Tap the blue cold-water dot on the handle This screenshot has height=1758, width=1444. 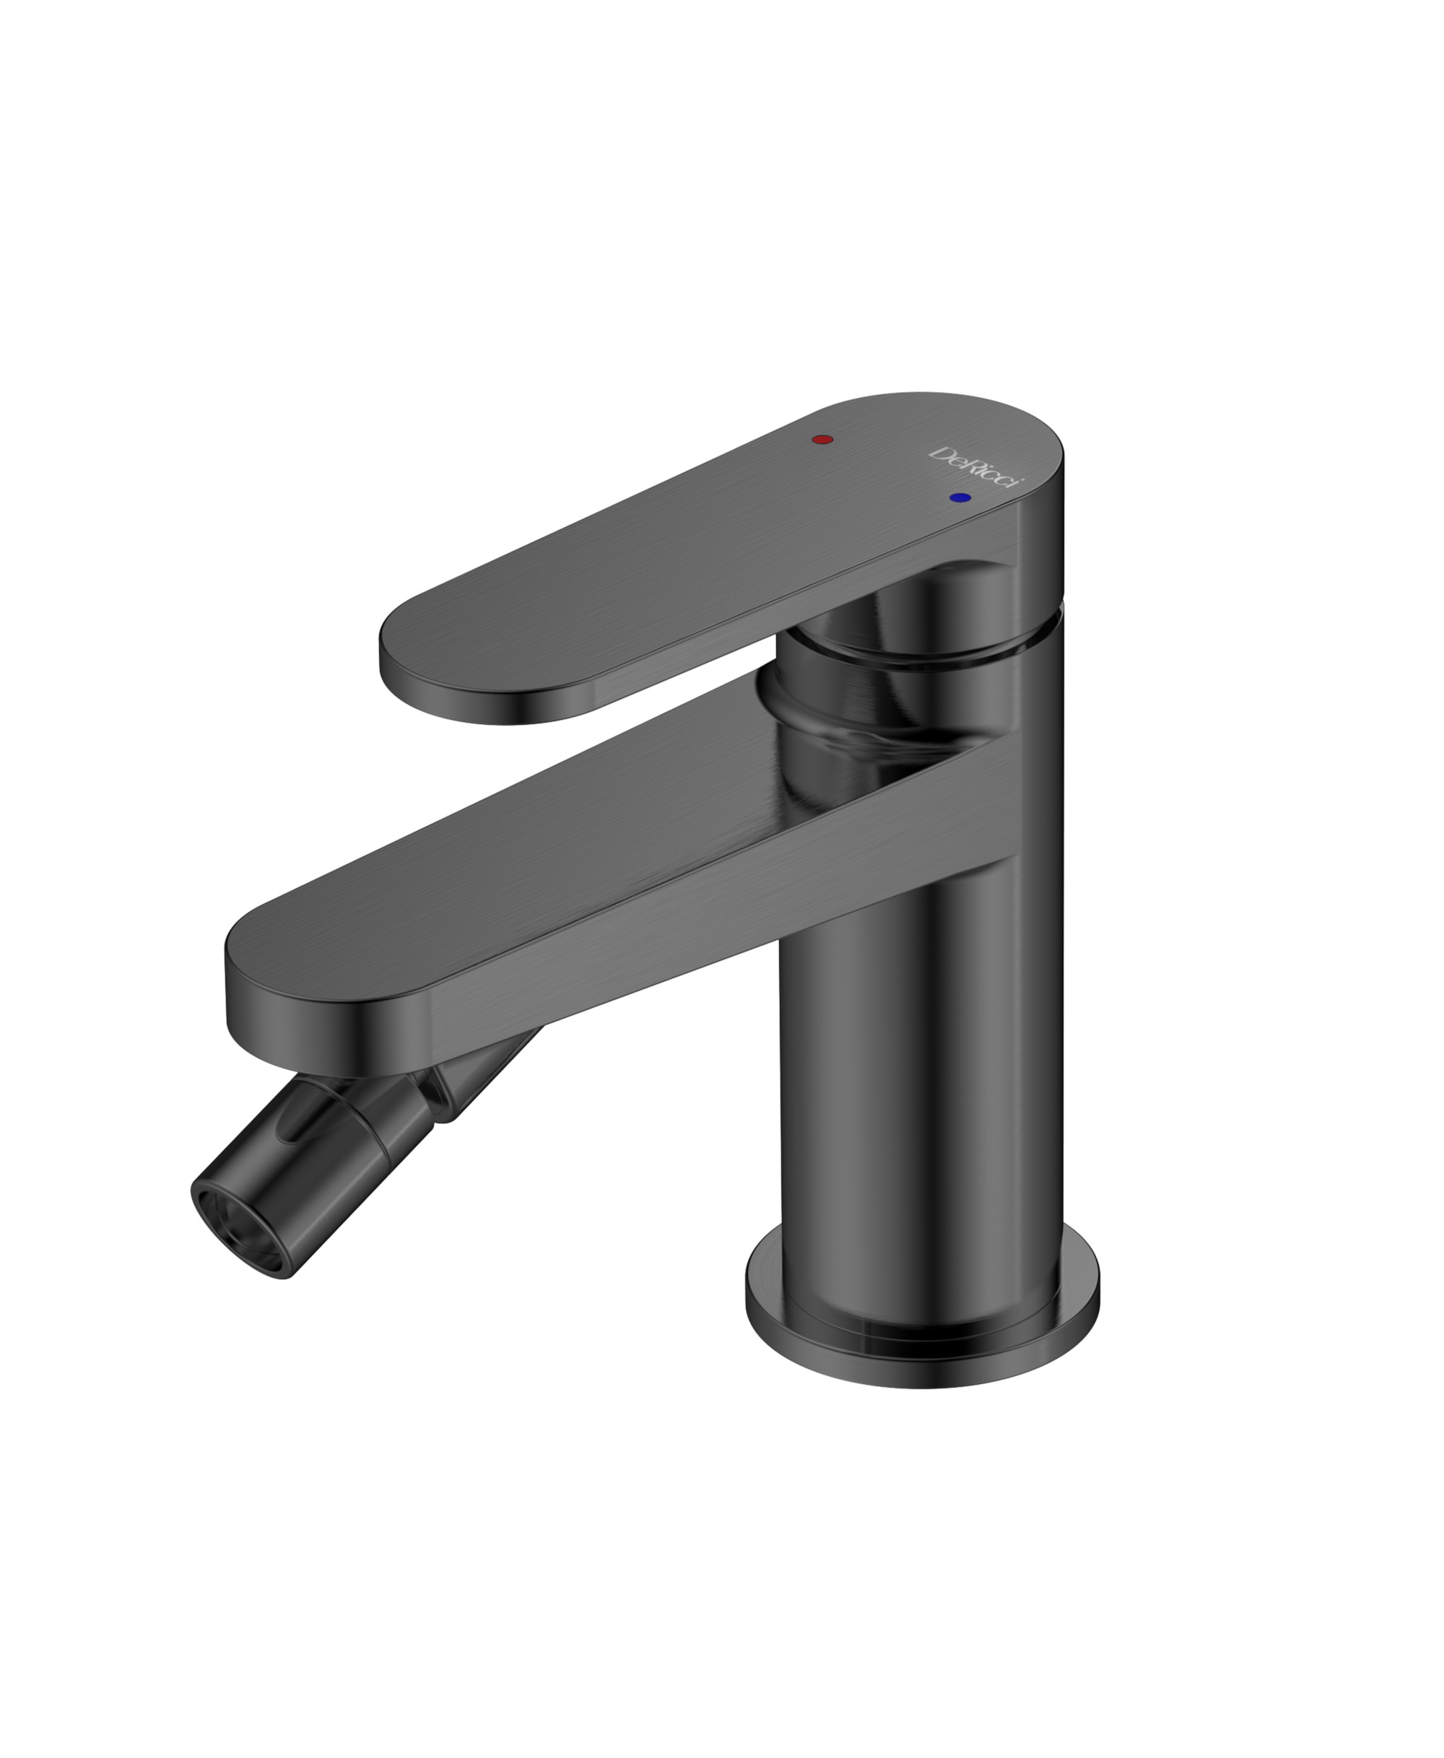[960, 497]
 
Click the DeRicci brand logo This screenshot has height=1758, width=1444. [975, 466]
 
